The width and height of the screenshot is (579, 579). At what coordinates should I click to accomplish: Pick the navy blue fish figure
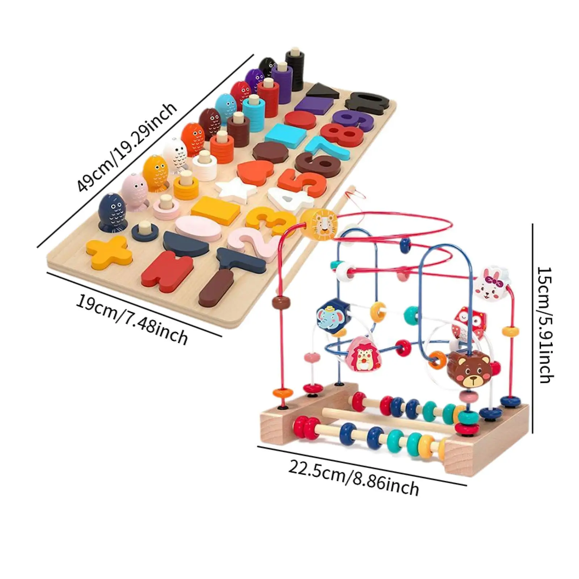pyautogui.click(x=111, y=212)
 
